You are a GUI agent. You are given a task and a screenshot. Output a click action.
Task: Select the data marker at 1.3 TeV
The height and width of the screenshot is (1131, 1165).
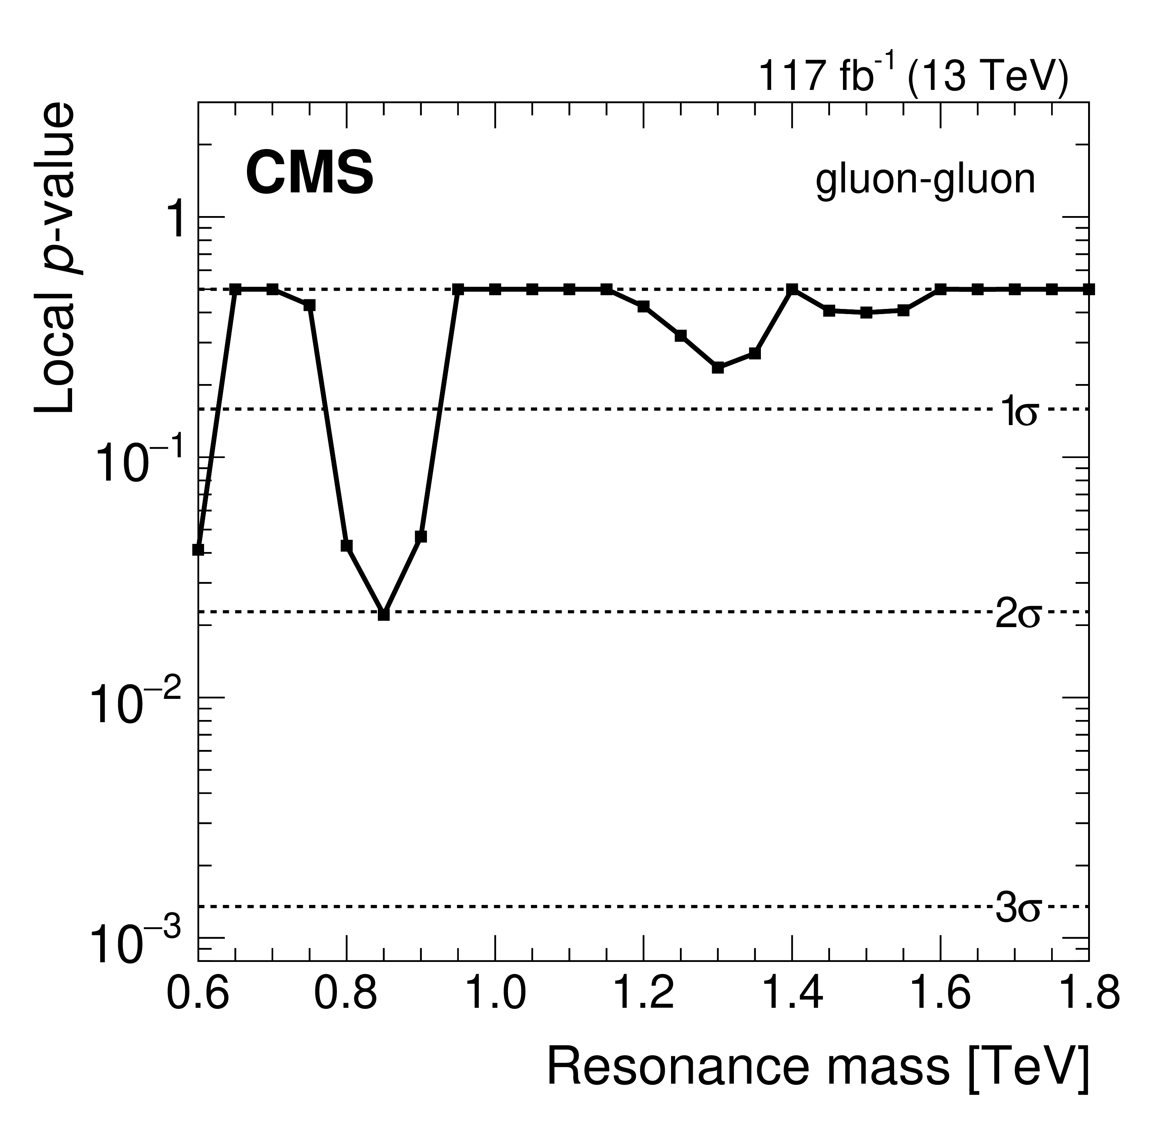click(718, 367)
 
